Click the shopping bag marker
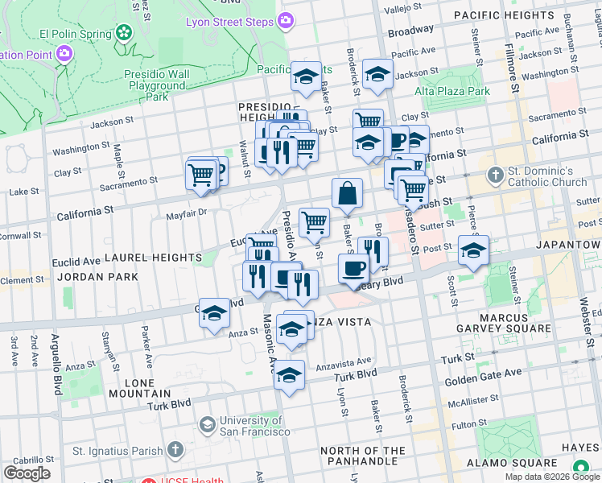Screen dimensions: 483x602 347,193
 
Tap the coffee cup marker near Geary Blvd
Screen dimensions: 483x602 353,267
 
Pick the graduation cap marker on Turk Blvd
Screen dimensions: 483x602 289,375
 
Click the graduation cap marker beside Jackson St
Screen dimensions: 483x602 377,74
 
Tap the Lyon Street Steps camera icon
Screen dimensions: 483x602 285,20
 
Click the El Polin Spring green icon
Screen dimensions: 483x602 124,32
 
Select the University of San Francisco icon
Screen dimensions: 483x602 208,424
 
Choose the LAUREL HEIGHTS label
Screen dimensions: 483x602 153,258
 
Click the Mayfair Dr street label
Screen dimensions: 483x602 187,213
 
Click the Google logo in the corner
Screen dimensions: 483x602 27,473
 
